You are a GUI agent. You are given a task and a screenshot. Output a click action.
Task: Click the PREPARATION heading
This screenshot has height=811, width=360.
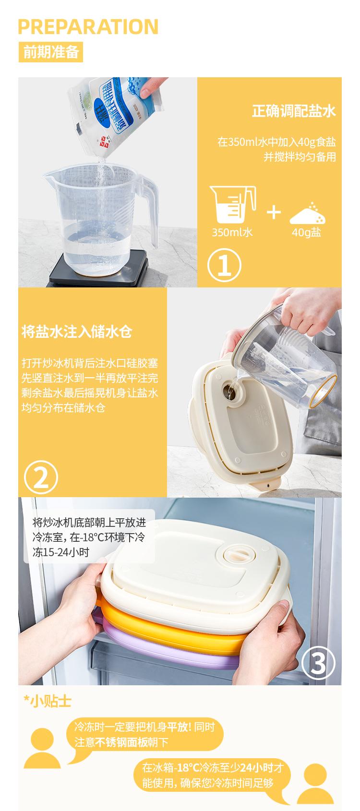point(88,27)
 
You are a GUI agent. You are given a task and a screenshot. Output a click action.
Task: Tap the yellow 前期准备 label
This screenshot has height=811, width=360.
point(51,52)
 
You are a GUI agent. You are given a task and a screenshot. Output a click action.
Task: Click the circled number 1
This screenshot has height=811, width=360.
point(224,265)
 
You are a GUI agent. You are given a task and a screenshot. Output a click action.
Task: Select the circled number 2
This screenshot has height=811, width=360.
point(41,477)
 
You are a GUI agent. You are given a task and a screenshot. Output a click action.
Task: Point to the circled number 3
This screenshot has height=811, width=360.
point(318,663)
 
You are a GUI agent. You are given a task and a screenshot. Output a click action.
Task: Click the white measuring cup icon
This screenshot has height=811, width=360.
point(233,204)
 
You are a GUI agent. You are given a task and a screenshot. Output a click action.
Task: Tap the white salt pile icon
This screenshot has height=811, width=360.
point(308,214)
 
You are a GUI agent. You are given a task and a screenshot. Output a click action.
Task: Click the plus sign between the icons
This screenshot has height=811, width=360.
point(274,212)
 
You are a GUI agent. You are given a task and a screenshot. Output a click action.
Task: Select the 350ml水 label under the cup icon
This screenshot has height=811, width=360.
point(232,232)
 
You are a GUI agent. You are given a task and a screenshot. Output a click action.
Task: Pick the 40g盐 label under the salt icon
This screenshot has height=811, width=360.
point(306,232)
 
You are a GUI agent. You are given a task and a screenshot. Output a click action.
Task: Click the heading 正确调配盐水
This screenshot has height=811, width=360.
point(294,111)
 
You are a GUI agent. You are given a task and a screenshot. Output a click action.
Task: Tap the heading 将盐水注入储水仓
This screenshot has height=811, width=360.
point(77,331)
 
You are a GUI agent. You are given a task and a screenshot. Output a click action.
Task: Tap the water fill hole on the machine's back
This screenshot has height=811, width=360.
point(229,392)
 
